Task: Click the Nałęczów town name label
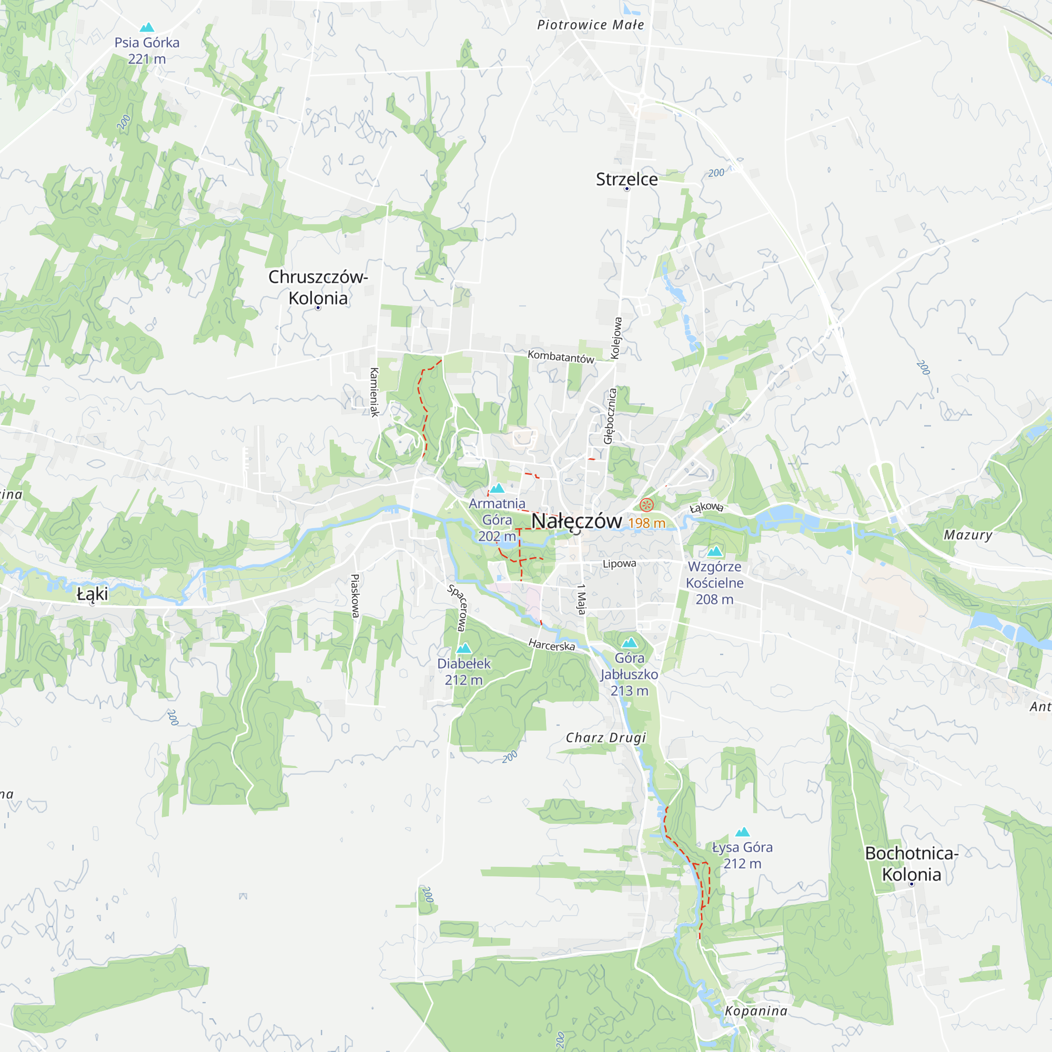(576, 521)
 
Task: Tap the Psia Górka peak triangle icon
(147, 27)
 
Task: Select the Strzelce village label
(627, 179)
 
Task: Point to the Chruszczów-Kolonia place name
(318, 288)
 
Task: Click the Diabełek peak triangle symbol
(464, 649)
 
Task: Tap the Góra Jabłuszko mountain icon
(630, 643)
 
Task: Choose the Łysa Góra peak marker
(743, 832)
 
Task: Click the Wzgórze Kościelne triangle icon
(715, 552)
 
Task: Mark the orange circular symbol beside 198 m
(646, 505)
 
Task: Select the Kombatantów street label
(561, 357)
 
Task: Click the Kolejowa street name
(616, 338)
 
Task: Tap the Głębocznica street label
(610, 416)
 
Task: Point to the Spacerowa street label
(458, 608)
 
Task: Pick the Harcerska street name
(552, 645)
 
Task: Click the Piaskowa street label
(355, 596)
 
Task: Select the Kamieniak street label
(375, 392)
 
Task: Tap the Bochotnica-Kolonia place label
(912, 864)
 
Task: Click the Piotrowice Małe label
(591, 25)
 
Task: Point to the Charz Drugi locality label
(606, 738)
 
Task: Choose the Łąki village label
(93, 594)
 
